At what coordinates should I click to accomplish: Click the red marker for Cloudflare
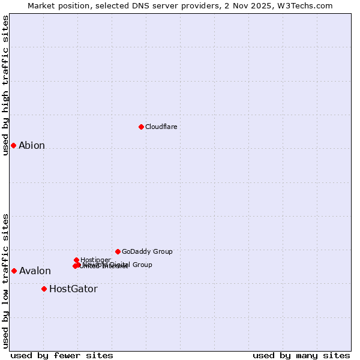(x=141, y=127)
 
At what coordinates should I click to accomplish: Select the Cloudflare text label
(x=161, y=127)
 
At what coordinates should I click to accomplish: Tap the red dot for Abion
(x=13, y=145)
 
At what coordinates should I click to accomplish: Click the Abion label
(x=32, y=145)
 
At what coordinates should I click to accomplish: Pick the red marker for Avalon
(x=14, y=271)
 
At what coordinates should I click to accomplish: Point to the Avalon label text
(x=35, y=271)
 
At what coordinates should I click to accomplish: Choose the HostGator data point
(x=44, y=289)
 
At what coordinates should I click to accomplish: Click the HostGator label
(x=73, y=289)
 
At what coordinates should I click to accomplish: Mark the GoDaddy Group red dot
(x=118, y=251)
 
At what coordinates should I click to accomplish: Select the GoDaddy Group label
(x=147, y=251)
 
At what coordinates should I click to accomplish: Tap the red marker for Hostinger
(x=76, y=260)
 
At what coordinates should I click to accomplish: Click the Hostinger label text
(x=95, y=260)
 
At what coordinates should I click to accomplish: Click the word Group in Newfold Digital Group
(x=142, y=265)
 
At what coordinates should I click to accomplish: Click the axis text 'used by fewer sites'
(x=62, y=355)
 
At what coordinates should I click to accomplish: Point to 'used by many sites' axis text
(x=301, y=355)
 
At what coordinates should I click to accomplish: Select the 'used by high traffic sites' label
(x=6, y=85)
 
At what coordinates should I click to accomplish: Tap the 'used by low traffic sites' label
(x=6, y=281)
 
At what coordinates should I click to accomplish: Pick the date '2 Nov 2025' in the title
(x=254, y=5)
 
